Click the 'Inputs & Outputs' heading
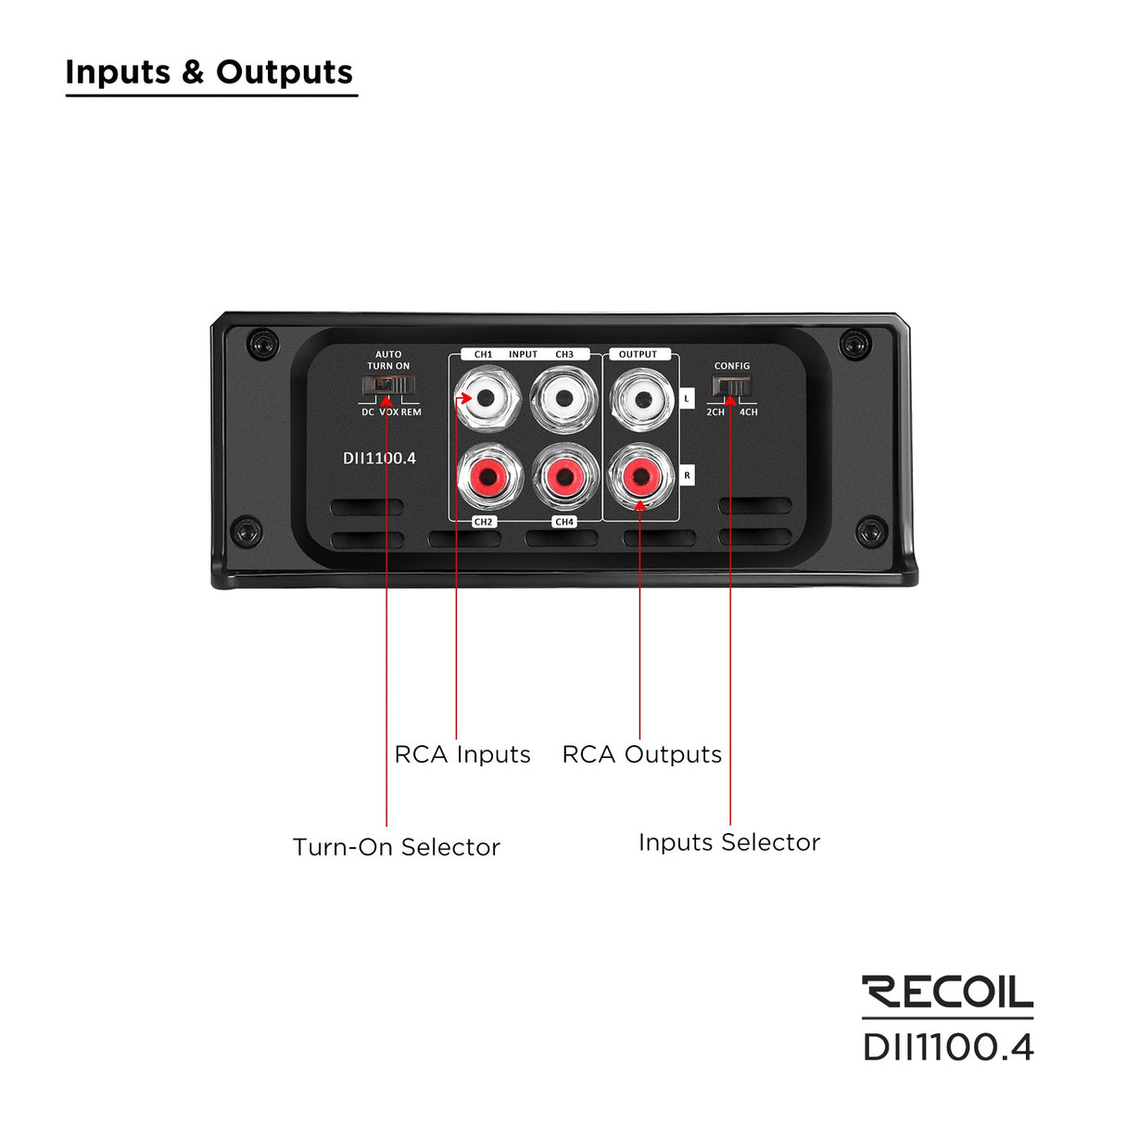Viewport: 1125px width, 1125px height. point(209,72)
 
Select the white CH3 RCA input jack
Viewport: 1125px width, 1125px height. point(564,399)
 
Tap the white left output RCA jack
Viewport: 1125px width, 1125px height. point(641,399)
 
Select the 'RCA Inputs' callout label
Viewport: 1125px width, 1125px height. point(462,754)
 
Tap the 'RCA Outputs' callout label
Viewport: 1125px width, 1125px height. point(641,754)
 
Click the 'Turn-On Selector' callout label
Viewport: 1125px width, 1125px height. point(396,847)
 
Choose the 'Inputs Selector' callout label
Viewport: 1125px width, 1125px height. point(729,842)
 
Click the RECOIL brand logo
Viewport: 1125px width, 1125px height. point(947,992)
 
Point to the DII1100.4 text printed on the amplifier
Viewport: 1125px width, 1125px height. point(379,458)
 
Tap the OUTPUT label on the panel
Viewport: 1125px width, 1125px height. point(638,355)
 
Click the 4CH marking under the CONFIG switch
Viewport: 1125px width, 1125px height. point(748,412)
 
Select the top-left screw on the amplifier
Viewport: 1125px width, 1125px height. point(263,344)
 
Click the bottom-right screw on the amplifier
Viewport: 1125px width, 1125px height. point(869,531)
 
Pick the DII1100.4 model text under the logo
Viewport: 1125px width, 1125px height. point(947,1047)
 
